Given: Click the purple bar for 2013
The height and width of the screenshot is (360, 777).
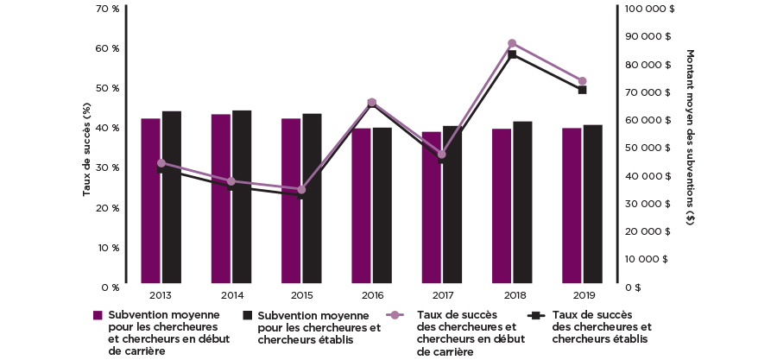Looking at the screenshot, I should pyautogui.click(x=150, y=200).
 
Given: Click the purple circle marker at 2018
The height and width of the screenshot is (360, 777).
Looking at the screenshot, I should pyautogui.click(x=512, y=43).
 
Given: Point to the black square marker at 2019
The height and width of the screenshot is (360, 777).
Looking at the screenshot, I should pyautogui.click(x=582, y=90).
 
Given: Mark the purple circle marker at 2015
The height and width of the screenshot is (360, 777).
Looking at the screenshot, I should pyautogui.click(x=301, y=190).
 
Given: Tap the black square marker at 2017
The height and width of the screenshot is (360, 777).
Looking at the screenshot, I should pyautogui.click(x=442, y=160).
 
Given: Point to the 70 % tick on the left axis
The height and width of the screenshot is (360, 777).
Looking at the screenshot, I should pyautogui.click(x=108, y=9).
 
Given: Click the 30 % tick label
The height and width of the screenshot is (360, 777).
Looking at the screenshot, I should pyautogui.click(x=108, y=167).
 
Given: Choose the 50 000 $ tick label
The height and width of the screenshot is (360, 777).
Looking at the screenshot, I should pyautogui.click(x=652, y=148).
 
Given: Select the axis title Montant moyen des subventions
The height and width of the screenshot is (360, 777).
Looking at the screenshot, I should pyautogui.click(x=690, y=138).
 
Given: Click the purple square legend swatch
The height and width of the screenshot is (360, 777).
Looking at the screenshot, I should pyautogui.click(x=98, y=315).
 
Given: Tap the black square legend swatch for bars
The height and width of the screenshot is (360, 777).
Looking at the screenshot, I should pyautogui.click(x=248, y=315).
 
